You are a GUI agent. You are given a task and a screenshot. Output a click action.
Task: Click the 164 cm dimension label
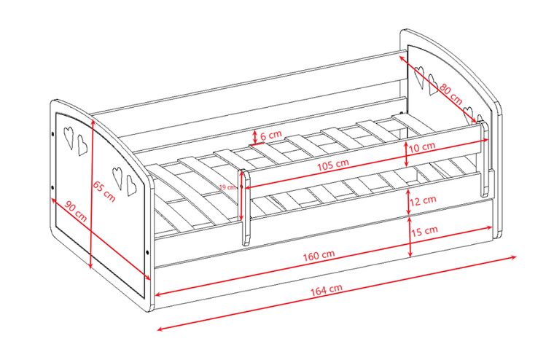tap(327, 290)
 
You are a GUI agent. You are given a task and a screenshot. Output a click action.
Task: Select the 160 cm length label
tap(319, 256)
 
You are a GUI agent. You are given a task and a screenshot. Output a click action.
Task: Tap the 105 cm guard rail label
tap(332, 165)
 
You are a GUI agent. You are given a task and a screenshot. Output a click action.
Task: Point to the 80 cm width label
tap(450, 94)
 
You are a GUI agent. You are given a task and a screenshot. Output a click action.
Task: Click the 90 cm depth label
tap(75, 211)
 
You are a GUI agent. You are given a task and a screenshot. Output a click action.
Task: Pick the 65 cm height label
tap(104, 192)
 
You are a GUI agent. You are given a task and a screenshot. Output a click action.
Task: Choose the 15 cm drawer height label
tap(424, 232)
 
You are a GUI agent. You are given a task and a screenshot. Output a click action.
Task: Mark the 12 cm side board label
tap(423, 200)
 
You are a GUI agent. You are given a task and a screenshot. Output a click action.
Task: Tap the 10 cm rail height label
tap(422, 146)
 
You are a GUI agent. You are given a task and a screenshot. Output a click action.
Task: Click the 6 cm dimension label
tap(271, 135)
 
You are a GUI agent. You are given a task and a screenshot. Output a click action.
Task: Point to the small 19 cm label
tap(228, 187)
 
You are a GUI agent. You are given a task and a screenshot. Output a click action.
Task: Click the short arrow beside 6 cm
tap(255, 137)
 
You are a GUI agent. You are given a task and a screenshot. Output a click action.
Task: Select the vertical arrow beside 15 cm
tap(410, 237)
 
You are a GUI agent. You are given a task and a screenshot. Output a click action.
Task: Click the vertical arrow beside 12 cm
tap(408, 202)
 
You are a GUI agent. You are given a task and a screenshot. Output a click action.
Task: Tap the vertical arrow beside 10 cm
tap(406, 154)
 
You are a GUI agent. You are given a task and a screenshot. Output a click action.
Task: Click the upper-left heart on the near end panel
tap(69, 138)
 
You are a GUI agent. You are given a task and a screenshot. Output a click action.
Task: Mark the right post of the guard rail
tap(484, 159)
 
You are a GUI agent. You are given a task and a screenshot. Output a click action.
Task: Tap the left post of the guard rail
tap(245, 208)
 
